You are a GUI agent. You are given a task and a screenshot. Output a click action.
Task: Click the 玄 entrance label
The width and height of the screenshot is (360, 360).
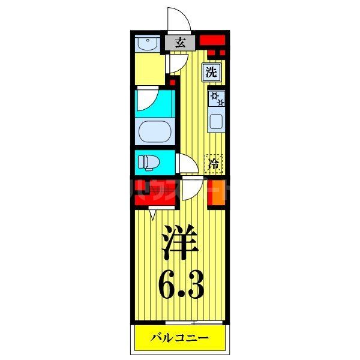tap(180, 42)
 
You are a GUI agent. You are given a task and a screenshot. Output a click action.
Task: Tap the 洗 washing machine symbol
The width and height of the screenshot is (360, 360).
tap(211, 73)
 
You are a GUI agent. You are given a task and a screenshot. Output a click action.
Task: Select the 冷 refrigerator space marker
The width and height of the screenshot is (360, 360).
tap(214, 163)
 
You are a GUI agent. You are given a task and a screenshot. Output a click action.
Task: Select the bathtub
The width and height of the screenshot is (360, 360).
tap(155, 130)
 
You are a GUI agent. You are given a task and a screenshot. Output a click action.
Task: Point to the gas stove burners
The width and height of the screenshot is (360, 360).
tap(216, 98)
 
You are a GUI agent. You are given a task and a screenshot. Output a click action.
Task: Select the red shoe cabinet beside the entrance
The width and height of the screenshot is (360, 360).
tap(212, 41)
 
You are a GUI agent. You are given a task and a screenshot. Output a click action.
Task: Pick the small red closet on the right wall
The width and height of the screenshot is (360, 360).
tap(217, 193)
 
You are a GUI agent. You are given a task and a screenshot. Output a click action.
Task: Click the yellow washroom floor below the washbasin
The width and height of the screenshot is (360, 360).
tap(149, 70)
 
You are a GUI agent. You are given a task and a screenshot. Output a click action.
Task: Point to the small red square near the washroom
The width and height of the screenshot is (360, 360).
tap(172, 82)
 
